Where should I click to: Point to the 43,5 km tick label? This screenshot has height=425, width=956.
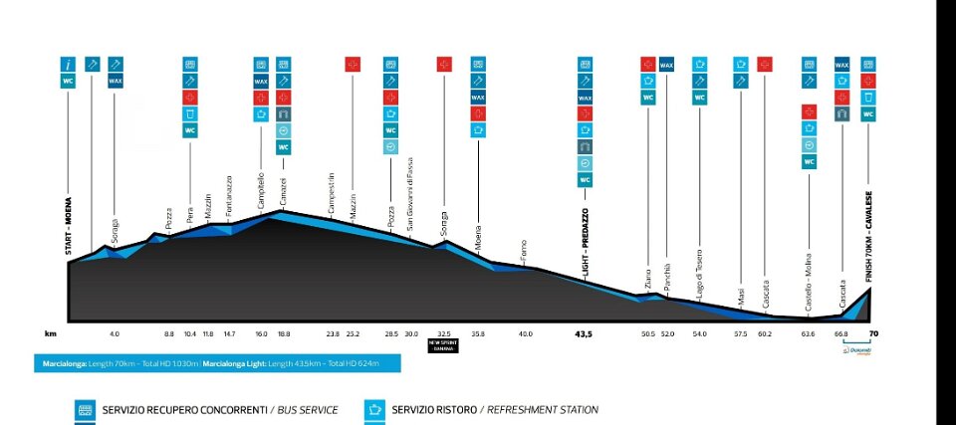tap(584, 334)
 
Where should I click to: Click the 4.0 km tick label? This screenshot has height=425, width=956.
tap(115, 334)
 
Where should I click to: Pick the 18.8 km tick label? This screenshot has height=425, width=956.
tap(284, 334)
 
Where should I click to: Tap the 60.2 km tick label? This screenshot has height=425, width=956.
tap(764, 334)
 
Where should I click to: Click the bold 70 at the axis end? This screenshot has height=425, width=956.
tap(872, 334)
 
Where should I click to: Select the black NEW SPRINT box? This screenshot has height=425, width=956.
tap(443, 344)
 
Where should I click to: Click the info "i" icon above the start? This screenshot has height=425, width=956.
tap(69, 65)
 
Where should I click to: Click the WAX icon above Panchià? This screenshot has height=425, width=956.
tap(666, 65)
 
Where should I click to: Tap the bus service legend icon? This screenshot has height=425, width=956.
tap(86, 409)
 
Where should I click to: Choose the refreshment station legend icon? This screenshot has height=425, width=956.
tap(375, 409)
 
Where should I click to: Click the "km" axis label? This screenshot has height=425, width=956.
tap(50, 334)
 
